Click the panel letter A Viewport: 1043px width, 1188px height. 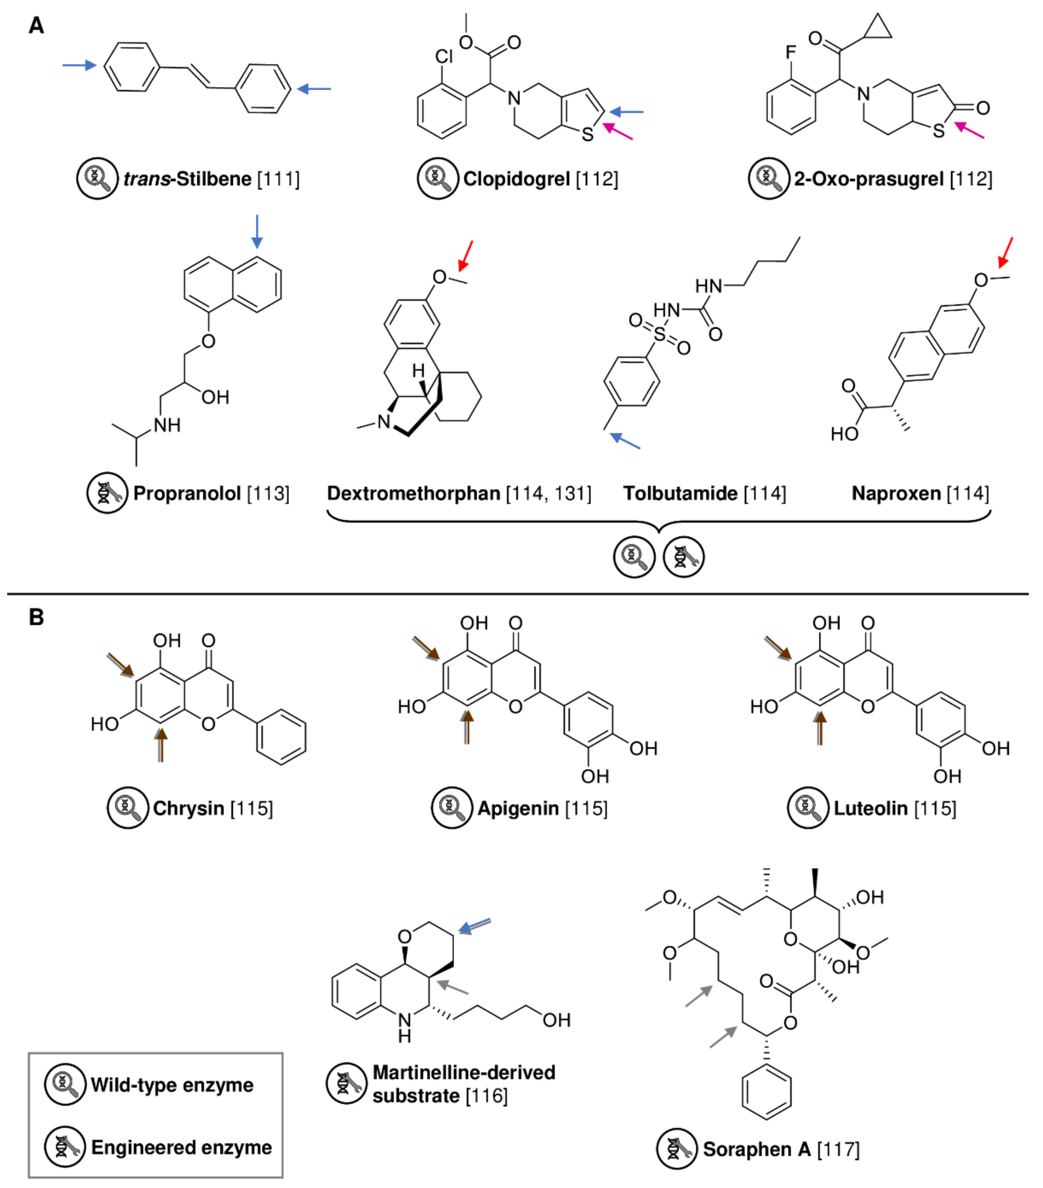tap(36, 26)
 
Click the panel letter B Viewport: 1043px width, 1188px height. tap(36, 617)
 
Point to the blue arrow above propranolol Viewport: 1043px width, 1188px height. tap(256, 231)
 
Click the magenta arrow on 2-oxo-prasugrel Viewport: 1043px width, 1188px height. tap(969, 130)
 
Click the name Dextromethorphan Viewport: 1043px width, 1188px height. tap(413, 493)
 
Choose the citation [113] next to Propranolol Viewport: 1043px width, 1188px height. tap(268, 493)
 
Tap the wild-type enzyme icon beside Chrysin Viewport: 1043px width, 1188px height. tap(127, 808)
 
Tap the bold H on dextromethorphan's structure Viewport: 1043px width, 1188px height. tap(418, 370)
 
